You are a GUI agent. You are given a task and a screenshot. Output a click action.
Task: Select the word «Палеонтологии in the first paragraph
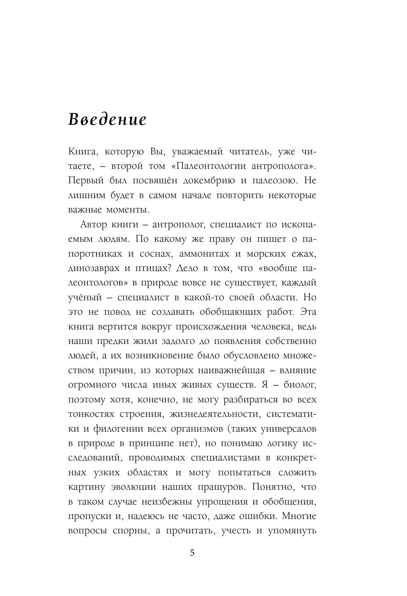click(205, 166)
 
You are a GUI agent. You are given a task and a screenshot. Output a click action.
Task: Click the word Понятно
click(268, 487)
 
